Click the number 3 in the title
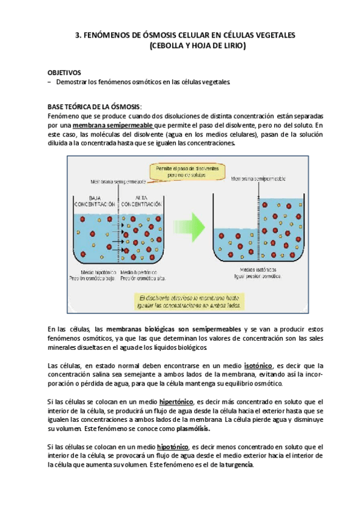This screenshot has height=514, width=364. pos(76,36)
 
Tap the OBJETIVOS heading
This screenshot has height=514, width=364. pos(64,72)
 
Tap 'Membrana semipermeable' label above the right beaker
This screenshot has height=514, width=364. pos(257,179)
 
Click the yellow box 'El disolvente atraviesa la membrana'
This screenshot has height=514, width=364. pos(194,301)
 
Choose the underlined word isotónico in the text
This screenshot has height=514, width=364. pos(258,365)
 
